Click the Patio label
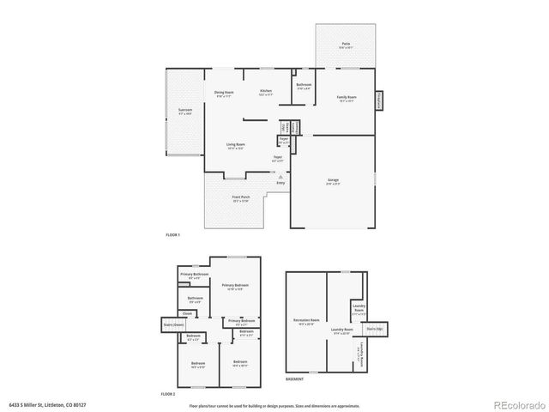346,45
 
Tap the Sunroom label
185,112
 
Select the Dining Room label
225,94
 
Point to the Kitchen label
266,93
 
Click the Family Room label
347,99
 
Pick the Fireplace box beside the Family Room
379,101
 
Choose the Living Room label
236,147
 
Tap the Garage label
333,181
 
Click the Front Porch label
241,199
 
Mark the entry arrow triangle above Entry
280,176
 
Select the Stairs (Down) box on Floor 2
173,325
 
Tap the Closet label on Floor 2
187,313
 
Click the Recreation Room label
305,323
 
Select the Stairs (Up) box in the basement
374,328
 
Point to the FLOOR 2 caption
168,394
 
